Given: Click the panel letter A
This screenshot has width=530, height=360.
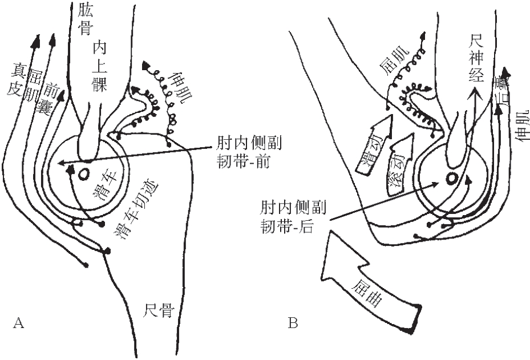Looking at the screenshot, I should [x=18, y=324].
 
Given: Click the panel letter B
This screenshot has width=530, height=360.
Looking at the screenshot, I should [x=293, y=324].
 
